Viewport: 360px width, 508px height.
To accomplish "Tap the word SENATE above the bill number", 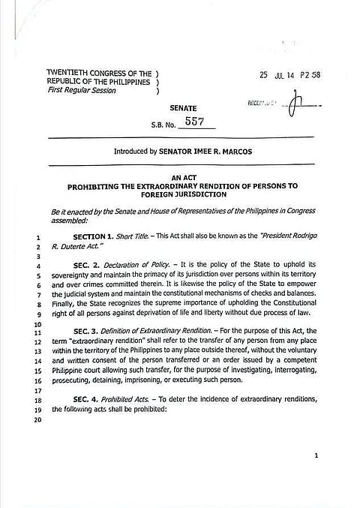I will click(x=183, y=109).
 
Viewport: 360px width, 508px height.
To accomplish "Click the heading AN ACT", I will click(x=182, y=177).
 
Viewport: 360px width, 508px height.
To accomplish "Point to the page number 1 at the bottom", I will click(x=316, y=455).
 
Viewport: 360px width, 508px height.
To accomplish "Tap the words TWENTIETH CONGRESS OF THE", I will click(x=98, y=74).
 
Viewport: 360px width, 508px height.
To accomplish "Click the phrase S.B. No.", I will click(x=164, y=123).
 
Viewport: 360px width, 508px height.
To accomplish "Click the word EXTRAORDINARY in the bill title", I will click(x=157, y=185).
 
